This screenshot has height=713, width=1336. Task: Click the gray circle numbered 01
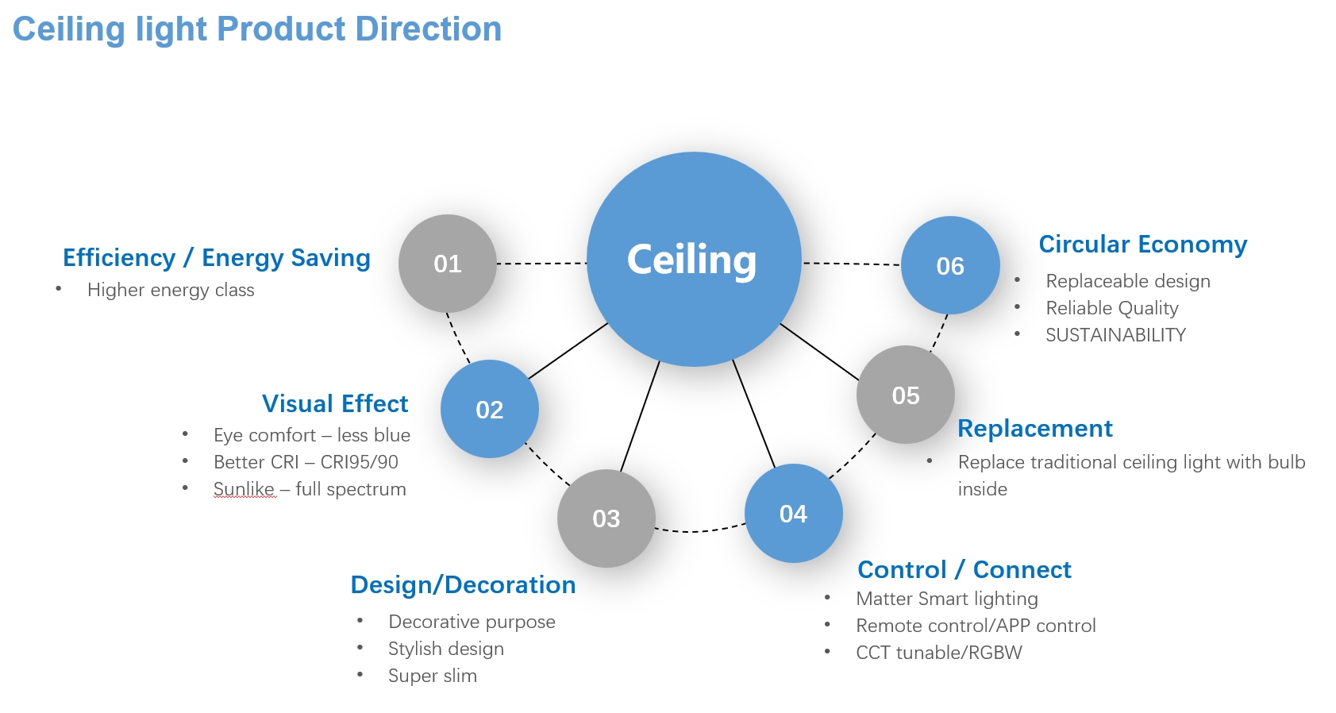[x=448, y=264]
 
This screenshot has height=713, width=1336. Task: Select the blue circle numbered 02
[x=490, y=409]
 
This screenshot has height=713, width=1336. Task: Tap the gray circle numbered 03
[x=606, y=518]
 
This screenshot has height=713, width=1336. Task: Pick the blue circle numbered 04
[x=793, y=514]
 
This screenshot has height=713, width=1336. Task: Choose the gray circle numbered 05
[x=906, y=395]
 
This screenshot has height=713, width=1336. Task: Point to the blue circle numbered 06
[x=950, y=265]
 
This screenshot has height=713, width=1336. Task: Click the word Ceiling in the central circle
[x=692, y=260]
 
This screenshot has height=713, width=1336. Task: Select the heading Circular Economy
[x=1142, y=245]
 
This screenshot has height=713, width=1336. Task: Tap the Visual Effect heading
[x=335, y=403]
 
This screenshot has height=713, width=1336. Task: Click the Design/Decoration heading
[x=463, y=585]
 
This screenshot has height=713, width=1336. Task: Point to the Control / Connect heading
[x=964, y=570]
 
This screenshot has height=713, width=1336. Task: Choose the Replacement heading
[x=1034, y=429]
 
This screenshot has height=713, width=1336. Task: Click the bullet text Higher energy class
[x=171, y=290]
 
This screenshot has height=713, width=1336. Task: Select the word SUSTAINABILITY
[x=1115, y=335]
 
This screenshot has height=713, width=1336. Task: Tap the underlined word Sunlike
[x=244, y=489]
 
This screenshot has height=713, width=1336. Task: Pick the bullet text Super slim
[x=433, y=676]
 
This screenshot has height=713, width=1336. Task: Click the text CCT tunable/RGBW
[x=939, y=653]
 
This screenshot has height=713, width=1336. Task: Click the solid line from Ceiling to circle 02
[x=568, y=351]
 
